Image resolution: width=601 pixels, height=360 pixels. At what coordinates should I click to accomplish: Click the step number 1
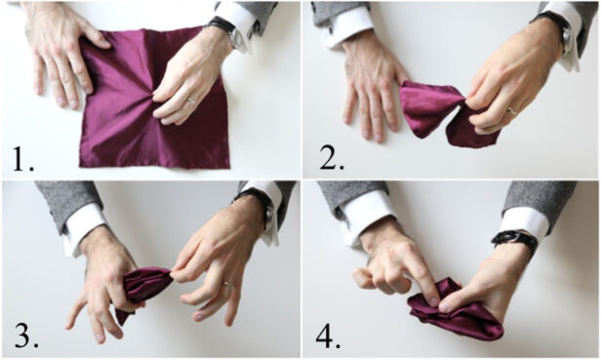[20, 156]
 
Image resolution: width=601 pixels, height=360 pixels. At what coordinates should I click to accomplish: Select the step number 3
[23, 335]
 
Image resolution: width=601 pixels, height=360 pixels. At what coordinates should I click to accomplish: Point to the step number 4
[328, 335]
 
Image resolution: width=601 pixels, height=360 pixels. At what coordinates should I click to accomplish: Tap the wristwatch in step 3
[259, 205]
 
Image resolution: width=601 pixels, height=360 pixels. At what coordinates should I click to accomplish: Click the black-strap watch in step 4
[515, 238]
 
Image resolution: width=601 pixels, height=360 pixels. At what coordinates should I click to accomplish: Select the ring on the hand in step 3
[228, 285]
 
